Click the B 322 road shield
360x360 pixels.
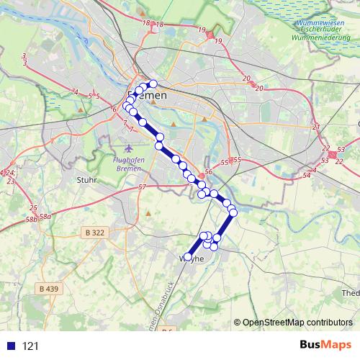[x=94, y=233]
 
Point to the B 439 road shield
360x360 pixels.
[x=49, y=289]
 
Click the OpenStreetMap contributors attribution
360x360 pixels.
[x=296, y=323]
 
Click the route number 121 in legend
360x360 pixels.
[x=30, y=346]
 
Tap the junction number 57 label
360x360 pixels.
[x=143, y=187]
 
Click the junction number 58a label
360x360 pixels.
[x=46, y=216]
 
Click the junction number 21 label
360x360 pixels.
[x=316, y=127]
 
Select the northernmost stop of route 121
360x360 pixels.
[x=153, y=84]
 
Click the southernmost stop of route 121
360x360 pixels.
[x=188, y=256]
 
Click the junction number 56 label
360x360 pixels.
[x=208, y=171]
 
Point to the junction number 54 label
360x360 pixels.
[x=307, y=175]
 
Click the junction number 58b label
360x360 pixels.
[x=31, y=220]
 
